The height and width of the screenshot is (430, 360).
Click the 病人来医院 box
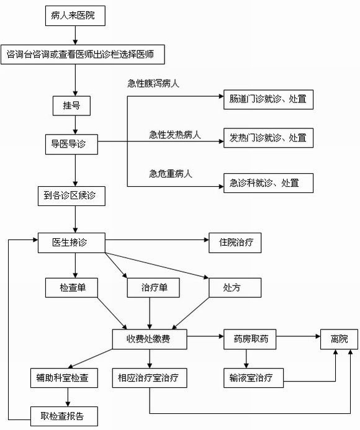pos(75,16)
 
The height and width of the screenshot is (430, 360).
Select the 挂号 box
pos(71,105)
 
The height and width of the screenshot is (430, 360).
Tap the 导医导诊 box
pos(71,144)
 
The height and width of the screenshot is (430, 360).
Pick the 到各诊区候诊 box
pos(71,196)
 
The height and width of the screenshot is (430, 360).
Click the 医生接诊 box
pos(71,243)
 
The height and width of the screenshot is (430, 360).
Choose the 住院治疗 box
pos(235,243)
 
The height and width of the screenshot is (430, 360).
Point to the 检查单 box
pos(71,288)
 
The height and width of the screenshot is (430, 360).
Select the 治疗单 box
pos(153,288)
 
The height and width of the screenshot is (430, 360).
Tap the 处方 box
pos(235,288)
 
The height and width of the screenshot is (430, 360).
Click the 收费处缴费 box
pos(150,339)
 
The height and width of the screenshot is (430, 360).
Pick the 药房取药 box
pos(250,339)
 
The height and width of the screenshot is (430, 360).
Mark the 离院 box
pos(339,339)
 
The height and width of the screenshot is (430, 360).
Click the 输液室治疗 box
pos(253,378)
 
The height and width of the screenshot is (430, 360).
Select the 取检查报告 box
pos(64,416)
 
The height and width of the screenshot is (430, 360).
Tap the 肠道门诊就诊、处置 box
pos(268,99)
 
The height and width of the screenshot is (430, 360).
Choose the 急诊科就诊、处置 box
pos(268,183)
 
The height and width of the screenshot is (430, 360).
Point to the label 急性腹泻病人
pos(153,83)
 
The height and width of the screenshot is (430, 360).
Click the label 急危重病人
pos(171,174)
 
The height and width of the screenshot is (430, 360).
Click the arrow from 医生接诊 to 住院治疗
pos(157,240)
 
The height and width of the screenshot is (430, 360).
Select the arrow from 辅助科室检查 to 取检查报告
pos(68,397)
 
